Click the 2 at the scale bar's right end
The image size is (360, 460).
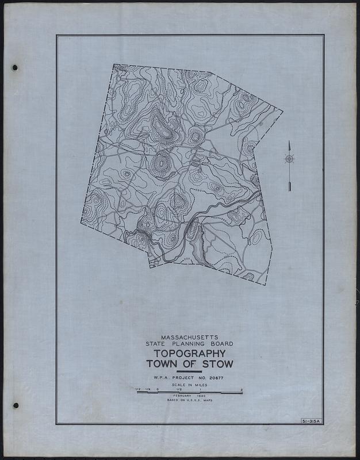click(242, 390)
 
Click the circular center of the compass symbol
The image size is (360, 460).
click(289, 159)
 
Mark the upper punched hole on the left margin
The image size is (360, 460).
click(15, 67)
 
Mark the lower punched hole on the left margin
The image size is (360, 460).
click(16, 405)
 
